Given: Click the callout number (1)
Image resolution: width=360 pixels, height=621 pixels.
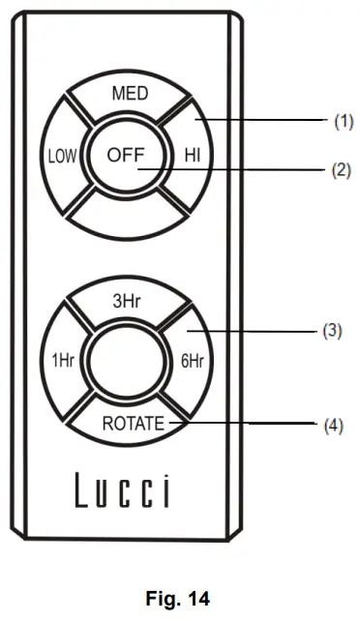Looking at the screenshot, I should click(x=343, y=121).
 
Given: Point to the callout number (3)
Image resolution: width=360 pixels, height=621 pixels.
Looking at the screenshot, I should click(x=332, y=330).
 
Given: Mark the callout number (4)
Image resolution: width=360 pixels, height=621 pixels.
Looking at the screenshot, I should click(x=332, y=424).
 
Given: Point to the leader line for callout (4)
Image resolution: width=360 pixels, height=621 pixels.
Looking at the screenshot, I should click(x=252, y=424).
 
